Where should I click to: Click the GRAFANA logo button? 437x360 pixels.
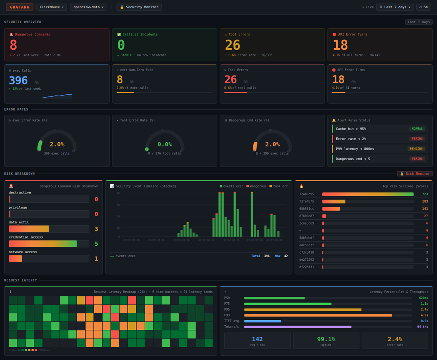coord(20,7)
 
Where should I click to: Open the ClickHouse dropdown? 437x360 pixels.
coord(51,7)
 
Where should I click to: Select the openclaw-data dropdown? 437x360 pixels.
coord(88,7)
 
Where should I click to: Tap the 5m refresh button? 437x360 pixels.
coord(423,7)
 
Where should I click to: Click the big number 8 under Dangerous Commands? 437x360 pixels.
coord(13,45)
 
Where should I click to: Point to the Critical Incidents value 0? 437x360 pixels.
coord(121,45)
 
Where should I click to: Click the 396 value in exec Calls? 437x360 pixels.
coord(18,80)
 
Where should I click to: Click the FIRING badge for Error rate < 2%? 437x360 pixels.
coord(417,139)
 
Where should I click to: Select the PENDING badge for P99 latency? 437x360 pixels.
coord(416,149)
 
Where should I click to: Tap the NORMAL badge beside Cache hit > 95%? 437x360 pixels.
coord(417,129)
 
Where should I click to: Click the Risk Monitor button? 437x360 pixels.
coord(415,174)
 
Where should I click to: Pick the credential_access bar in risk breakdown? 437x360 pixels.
coord(43,244)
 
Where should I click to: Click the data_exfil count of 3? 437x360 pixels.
coord(96,229)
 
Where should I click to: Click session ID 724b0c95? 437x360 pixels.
coord(306,194)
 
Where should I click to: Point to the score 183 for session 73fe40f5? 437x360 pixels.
coord(425,202)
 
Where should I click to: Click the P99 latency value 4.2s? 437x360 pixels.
coord(424,315)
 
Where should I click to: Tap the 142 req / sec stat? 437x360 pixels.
coord(257,339)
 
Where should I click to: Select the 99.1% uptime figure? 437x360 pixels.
coord(326,339)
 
